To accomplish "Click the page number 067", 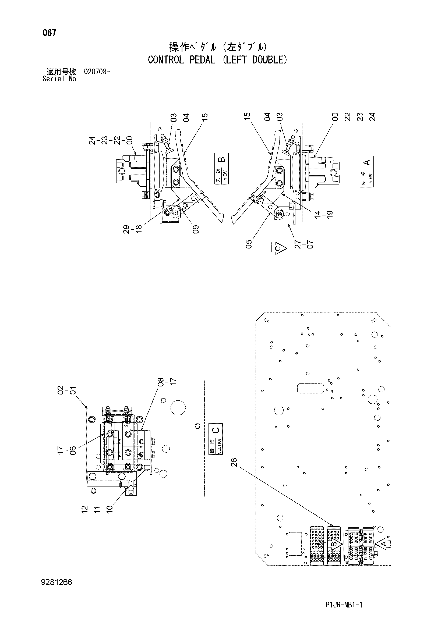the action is point(49,33).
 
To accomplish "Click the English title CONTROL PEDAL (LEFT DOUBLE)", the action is point(218,60).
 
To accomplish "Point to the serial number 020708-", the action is point(97,72).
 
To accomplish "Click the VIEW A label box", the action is point(367,172).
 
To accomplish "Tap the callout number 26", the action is point(234,463).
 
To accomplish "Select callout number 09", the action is point(196,229).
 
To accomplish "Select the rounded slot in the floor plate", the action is point(311,389).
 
